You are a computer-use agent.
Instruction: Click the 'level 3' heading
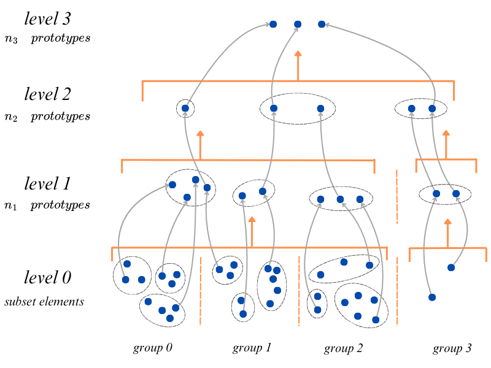pos(47,18)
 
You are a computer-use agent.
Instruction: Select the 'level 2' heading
pos(47,94)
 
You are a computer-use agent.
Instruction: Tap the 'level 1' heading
pos(47,183)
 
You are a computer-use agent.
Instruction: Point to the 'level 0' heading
pos(47,278)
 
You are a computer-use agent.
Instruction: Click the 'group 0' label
pos(152,348)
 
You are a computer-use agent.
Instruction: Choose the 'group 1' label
pos(252,348)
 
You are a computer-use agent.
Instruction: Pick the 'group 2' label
pos(343,349)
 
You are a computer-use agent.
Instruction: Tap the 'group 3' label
pos(452,349)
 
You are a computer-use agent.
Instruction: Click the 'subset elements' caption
pos(44,302)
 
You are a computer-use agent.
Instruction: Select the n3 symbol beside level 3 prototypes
pos(11,39)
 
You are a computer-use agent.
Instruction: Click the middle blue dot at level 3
pos(298,25)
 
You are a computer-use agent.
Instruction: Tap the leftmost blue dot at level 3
pos(274,25)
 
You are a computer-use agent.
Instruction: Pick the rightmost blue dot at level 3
pos(322,25)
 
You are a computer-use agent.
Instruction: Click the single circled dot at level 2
pos(185,109)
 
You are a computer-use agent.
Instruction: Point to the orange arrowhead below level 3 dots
pos(298,54)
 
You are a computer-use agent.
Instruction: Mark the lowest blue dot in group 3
pos(432,297)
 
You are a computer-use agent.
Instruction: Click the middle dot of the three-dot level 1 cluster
pos(340,199)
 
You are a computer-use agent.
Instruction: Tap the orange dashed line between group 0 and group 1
pos(201,291)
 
